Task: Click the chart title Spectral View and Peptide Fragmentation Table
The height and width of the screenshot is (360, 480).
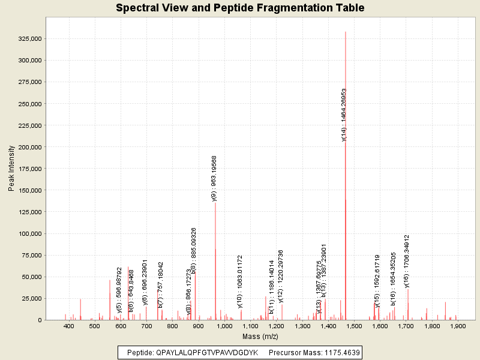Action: point(240,8)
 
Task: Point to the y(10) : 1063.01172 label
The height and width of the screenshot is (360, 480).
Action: point(240,281)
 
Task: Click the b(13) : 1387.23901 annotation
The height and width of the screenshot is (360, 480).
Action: point(324,270)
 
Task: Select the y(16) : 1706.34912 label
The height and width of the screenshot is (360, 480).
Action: point(407,261)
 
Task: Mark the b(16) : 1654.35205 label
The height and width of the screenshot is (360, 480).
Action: point(394,279)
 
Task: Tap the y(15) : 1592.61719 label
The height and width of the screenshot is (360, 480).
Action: point(377,281)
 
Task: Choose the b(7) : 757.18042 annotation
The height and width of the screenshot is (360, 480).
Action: point(161,284)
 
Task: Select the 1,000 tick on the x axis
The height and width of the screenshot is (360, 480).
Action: point(224,326)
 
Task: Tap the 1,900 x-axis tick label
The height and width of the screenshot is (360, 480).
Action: point(458,326)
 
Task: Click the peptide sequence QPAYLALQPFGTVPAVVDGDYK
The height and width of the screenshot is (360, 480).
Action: point(206,353)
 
